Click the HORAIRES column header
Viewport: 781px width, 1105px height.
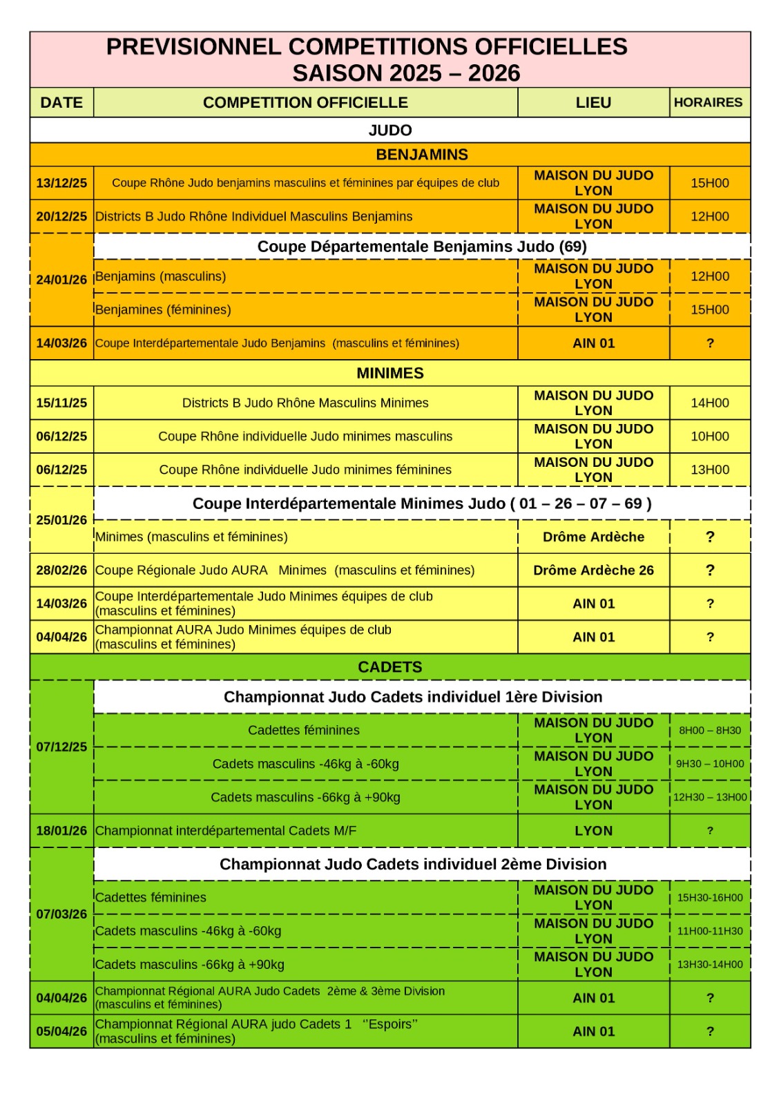(x=708, y=102)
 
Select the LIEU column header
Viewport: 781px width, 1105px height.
(x=593, y=102)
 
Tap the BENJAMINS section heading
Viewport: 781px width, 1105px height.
(x=421, y=155)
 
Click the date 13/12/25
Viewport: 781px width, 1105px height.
(x=61, y=183)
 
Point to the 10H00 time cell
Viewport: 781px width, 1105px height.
(x=710, y=436)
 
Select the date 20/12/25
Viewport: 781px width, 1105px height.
(x=61, y=216)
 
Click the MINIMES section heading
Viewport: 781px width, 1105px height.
(x=389, y=373)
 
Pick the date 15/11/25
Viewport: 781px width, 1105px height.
(x=61, y=403)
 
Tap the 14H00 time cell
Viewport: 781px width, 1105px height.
(x=710, y=403)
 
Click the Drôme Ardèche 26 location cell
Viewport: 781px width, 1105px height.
(x=593, y=570)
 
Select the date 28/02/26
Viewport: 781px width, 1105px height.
(x=61, y=570)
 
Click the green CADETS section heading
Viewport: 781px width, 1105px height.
(x=389, y=667)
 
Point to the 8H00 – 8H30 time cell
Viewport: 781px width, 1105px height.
(x=710, y=731)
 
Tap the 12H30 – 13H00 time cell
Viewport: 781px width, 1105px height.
(x=710, y=797)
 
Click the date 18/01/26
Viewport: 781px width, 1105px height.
(x=61, y=831)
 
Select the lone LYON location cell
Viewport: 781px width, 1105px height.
(x=593, y=831)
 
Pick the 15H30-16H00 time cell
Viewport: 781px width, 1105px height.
(x=710, y=898)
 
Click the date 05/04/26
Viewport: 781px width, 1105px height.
(x=61, y=1031)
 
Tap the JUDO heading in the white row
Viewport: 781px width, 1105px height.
(x=389, y=130)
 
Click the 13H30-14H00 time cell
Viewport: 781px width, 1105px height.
(x=710, y=965)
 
